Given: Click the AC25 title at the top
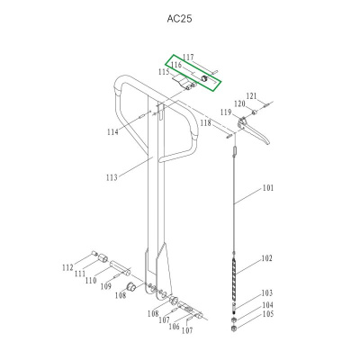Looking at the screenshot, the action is click(179, 19).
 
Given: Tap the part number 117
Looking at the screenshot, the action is click(188, 58).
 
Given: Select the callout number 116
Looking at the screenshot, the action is click(176, 65).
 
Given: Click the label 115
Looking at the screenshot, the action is click(164, 72).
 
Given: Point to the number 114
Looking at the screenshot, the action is click(112, 132).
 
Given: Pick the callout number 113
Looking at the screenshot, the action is click(112, 177).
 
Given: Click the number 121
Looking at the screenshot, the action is click(251, 96).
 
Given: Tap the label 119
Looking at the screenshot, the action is click(226, 112).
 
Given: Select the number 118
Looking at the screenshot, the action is click(206, 123).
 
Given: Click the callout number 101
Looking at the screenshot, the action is click(268, 188).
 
